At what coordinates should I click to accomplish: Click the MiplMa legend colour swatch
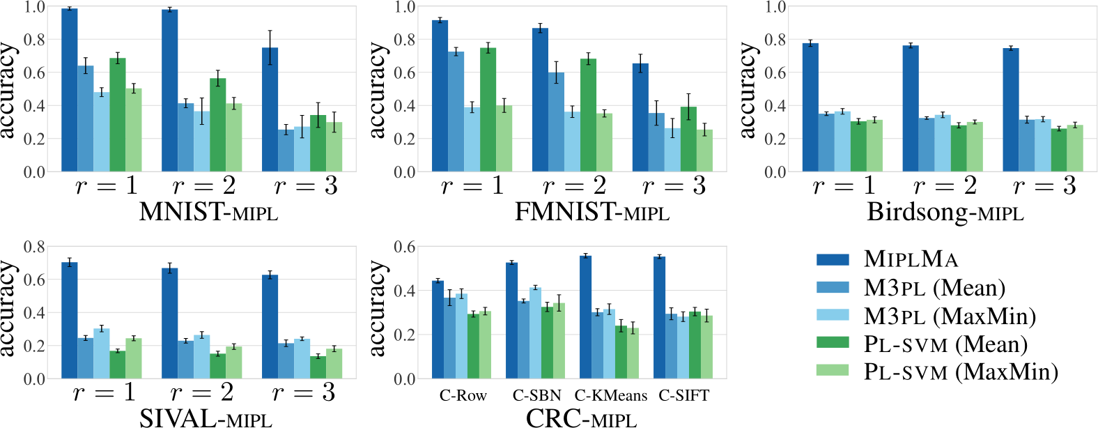click(x=833, y=259)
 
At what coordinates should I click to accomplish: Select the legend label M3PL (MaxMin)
click(x=950, y=316)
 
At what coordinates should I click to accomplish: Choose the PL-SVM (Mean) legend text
click(x=945, y=344)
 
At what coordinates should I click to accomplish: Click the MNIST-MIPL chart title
click(x=208, y=211)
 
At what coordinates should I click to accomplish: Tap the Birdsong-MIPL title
click(x=945, y=211)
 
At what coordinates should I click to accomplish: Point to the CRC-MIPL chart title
click(x=581, y=418)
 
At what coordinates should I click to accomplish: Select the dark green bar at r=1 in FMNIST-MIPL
click(x=488, y=109)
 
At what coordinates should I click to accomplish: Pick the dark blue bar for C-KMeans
click(x=585, y=317)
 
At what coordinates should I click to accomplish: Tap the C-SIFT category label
click(x=683, y=396)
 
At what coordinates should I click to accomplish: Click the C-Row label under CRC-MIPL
click(x=463, y=396)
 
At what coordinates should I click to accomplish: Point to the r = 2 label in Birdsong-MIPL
click(x=945, y=186)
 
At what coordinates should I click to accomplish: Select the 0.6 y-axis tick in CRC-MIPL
click(x=405, y=247)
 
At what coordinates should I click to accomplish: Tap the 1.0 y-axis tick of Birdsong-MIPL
click(x=775, y=7)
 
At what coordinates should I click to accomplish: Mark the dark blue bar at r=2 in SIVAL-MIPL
click(x=169, y=323)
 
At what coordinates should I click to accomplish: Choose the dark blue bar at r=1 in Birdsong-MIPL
click(x=810, y=107)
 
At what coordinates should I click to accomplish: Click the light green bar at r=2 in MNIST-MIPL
click(x=234, y=137)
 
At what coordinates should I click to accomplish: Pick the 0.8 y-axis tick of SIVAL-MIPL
click(x=34, y=247)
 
